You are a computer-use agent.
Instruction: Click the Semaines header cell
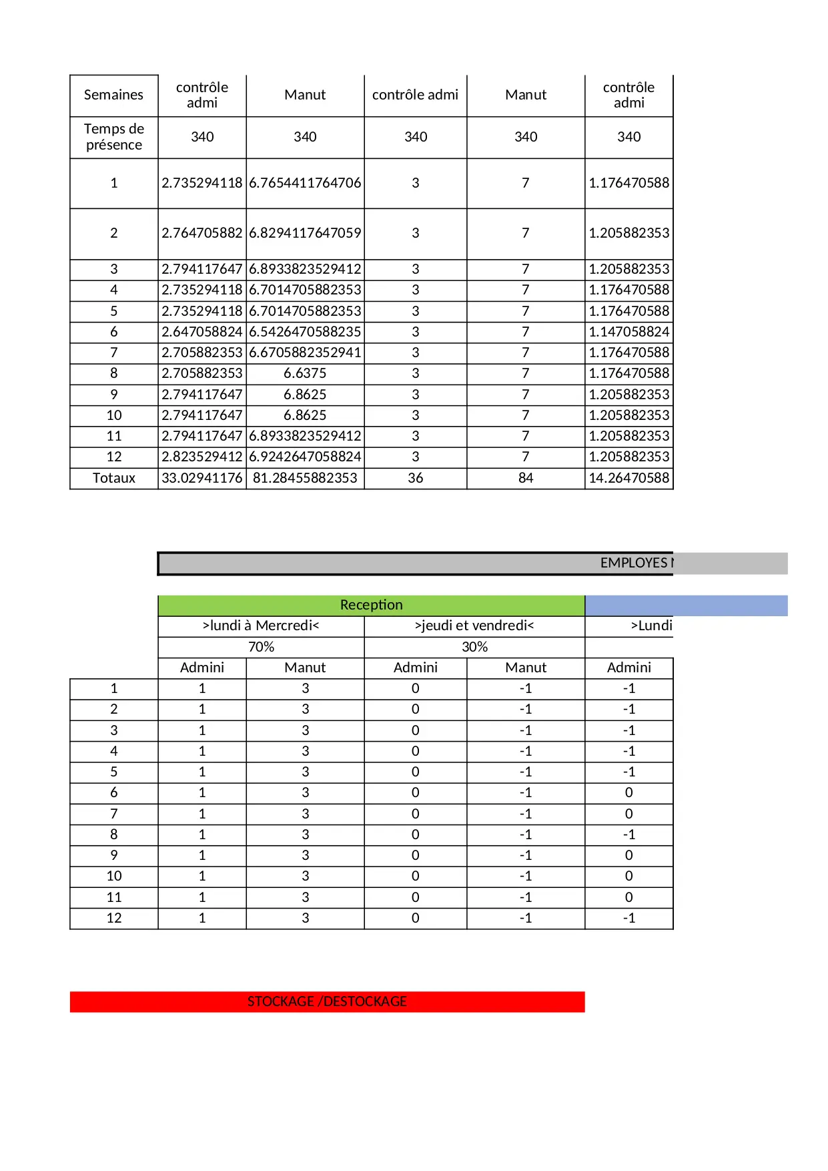point(113,95)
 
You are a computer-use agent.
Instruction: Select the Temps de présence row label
point(113,137)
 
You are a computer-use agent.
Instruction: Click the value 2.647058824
point(201,332)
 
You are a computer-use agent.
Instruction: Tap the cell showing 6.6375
point(305,373)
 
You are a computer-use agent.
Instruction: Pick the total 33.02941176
point(201,478)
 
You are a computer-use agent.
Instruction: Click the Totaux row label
point(113,478)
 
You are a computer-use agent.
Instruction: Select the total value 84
point(526,478)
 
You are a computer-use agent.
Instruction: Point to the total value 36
point(415,478)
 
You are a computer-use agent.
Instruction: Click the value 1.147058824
point(629,332)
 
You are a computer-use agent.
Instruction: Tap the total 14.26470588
point(629,478)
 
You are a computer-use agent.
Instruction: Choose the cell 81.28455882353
point(305,478)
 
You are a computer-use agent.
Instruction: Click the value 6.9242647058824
point(305,457)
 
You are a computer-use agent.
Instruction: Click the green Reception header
point(371,605)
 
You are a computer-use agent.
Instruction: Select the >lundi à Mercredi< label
point(261,626)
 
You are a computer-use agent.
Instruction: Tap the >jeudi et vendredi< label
point(474,626)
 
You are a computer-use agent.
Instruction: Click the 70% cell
point(261,647)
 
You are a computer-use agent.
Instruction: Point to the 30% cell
point(474,647)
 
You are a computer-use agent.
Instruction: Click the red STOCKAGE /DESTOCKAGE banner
point(327,1001)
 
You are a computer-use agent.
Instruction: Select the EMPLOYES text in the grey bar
point(634,563)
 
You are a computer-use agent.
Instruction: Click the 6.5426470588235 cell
point(305,332)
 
